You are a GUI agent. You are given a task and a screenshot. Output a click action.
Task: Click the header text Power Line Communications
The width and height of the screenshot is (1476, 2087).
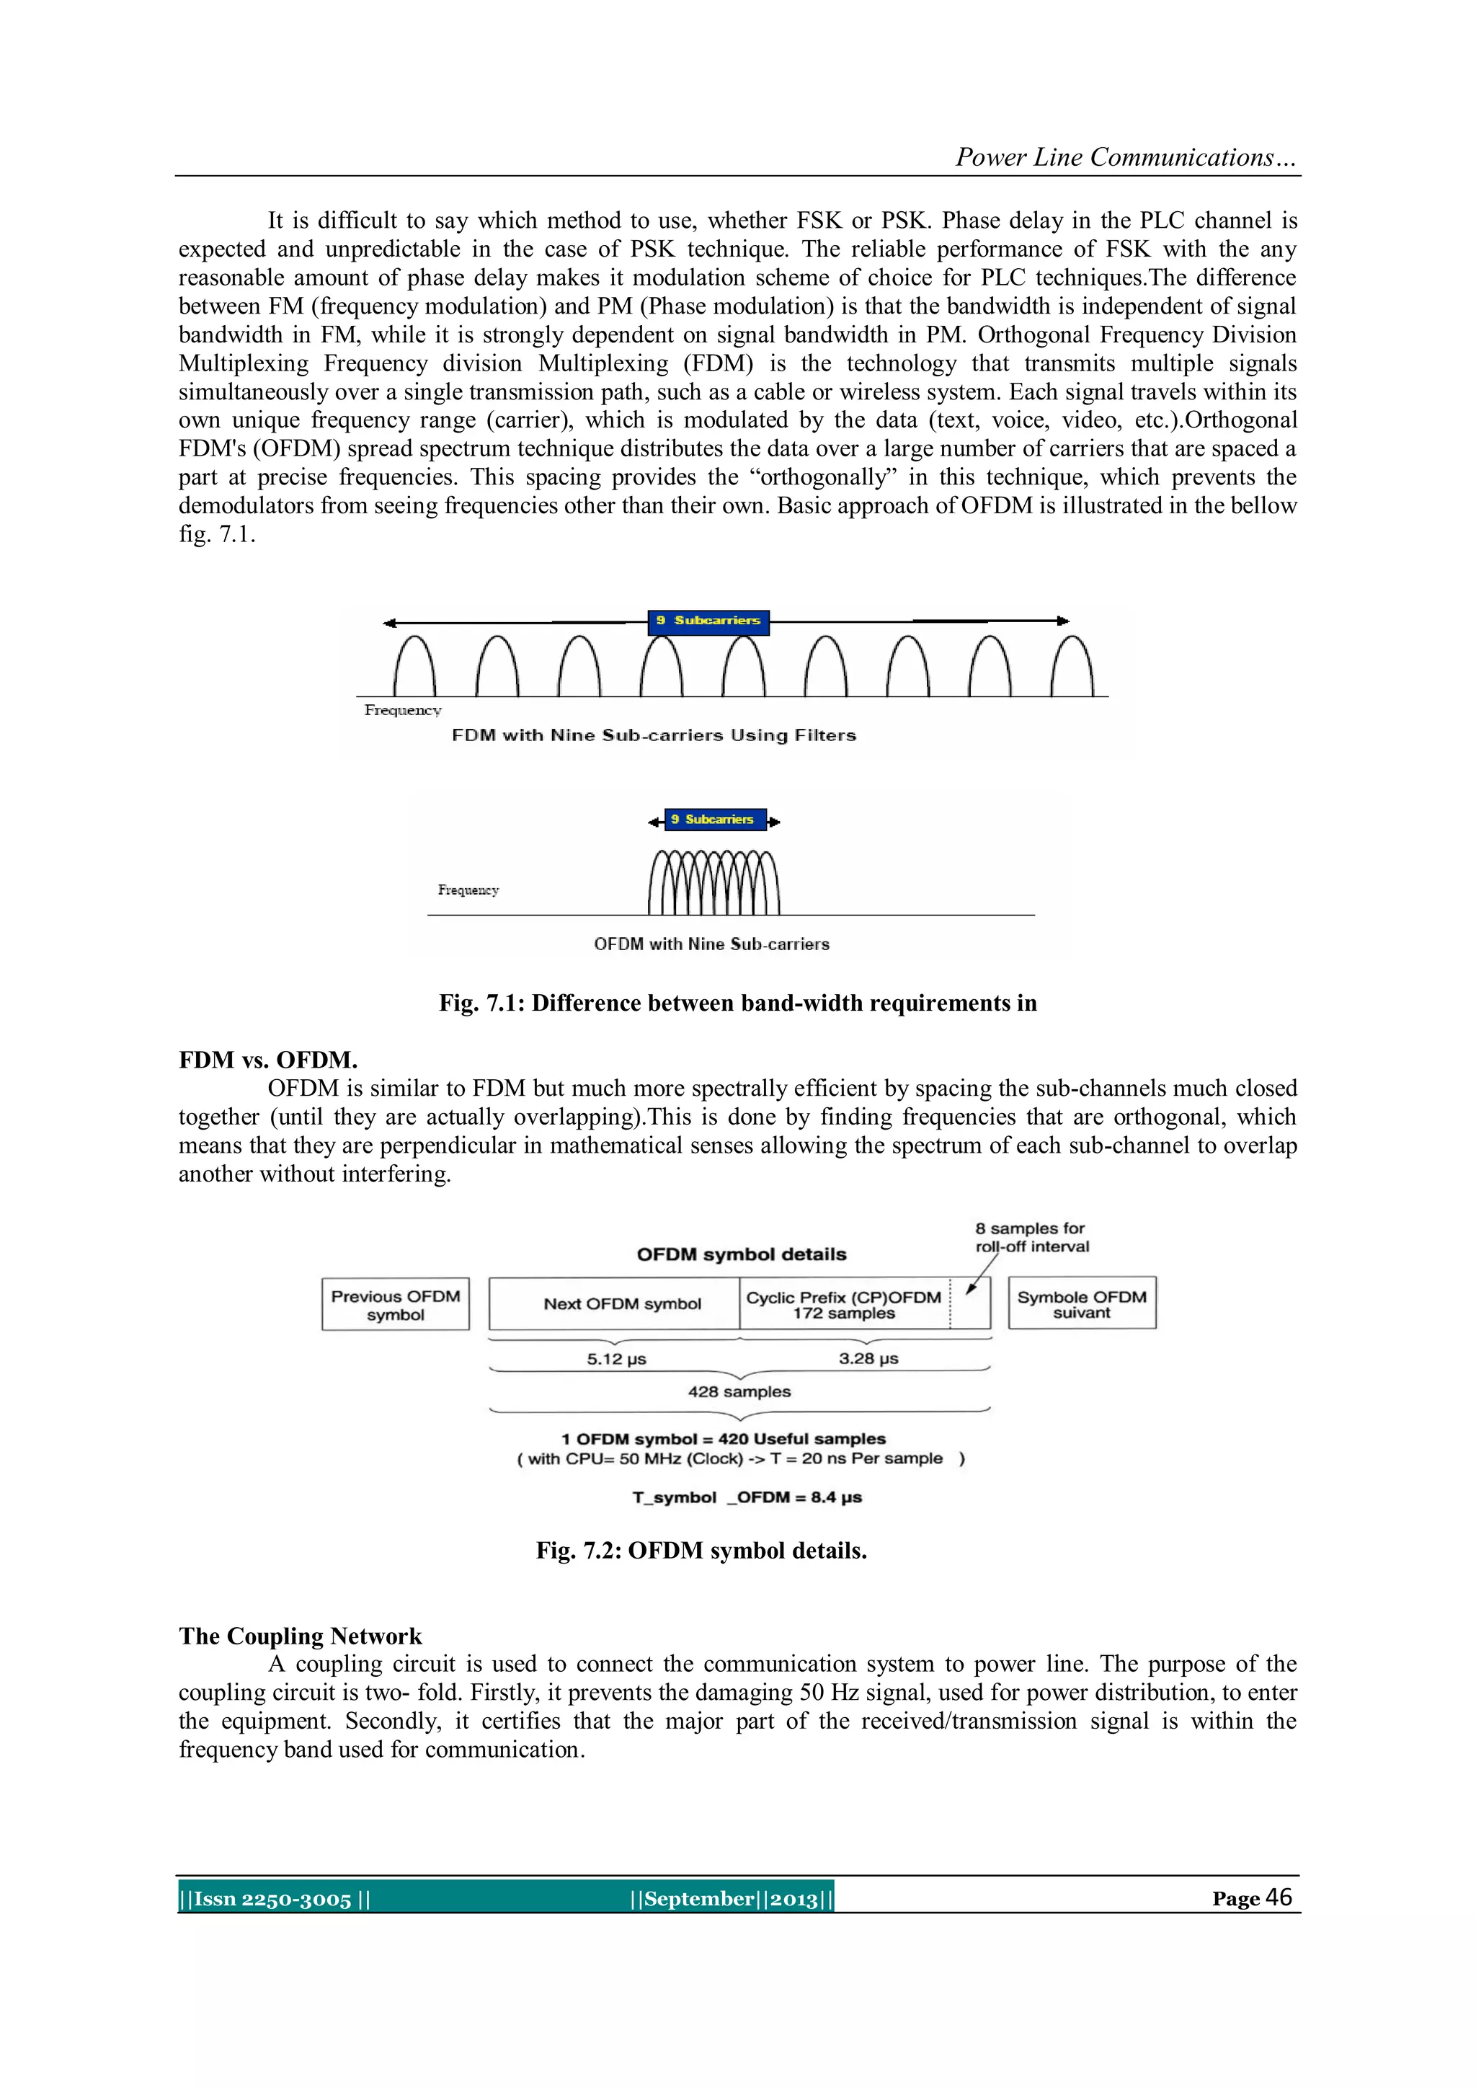tap(1125, 157)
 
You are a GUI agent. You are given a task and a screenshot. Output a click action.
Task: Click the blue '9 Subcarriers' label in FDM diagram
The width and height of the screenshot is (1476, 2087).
tap(708, 621)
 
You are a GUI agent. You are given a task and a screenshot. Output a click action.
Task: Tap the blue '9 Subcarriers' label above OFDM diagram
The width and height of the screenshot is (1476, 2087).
tap(714, 819)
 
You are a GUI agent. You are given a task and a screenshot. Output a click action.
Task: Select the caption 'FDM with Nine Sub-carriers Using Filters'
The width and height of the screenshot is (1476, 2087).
tap(654, 735)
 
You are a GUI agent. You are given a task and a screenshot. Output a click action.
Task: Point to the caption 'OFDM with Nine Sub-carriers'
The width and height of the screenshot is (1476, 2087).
tap(711, 944)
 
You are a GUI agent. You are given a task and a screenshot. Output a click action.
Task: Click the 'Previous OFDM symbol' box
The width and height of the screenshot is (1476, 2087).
tap(396, 1304)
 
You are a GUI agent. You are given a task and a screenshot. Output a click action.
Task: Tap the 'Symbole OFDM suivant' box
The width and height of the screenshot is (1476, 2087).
tap(1082, 1303)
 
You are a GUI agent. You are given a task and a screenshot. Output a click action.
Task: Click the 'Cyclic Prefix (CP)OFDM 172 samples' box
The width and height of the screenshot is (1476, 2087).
tap(843, 1304)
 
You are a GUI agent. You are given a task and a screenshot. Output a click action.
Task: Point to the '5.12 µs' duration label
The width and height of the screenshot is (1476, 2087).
tap(616, 1359)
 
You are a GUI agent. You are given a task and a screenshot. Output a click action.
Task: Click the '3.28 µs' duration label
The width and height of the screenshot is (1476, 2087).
tap(868, 1358)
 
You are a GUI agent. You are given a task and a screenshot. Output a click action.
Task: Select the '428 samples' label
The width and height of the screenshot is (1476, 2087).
tap(739, 1391)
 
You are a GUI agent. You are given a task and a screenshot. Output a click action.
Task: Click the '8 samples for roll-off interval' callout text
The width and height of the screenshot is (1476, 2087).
tap(1031, 1237)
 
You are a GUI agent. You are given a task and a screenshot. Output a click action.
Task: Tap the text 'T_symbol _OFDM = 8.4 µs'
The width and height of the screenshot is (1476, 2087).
tap(747, 1497)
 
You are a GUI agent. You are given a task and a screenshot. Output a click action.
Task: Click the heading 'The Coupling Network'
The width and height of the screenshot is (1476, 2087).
tap(300, 1636)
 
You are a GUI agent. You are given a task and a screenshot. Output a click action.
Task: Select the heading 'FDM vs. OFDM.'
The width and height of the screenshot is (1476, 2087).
tap(268, 1060)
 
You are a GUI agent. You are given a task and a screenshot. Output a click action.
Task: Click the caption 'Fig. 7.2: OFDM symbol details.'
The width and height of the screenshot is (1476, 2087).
tap(701, 1551)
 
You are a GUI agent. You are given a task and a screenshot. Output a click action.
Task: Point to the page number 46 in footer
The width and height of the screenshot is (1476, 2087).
tap(1278, 1897)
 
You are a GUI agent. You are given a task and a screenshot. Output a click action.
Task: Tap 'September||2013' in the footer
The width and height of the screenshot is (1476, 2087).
tap(731, 1899)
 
